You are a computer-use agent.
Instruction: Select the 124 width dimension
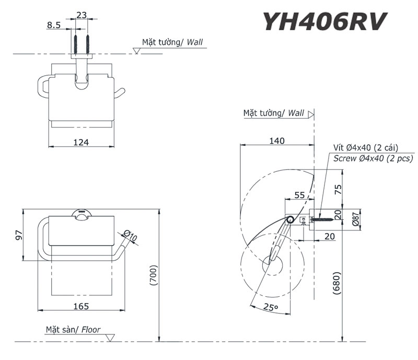pyautogui.click(x=80, y=142)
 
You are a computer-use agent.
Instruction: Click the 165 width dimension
pyautogui.click(x=80, y=306)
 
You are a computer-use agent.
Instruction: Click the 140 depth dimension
pyautogui.click(x=277, y=141)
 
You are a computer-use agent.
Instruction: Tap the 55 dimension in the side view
pyautogui.click(x=299, y=195)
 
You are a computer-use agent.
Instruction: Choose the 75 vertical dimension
pyautogui.click(x=338, y=190)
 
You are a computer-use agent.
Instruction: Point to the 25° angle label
pyautogui.click(x=270, y=308)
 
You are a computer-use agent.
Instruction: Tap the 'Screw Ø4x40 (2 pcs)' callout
pyautogui.click(x=374, y=159)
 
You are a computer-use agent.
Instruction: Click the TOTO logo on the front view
pyautogui.click(x=81, y=212)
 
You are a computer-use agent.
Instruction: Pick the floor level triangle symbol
pyautogui.click(x=109, y=337)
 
